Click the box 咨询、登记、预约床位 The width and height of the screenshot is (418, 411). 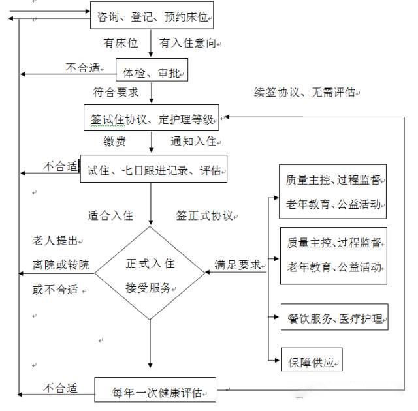click(152, 17)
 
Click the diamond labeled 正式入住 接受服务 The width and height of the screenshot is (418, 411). click(150, 273)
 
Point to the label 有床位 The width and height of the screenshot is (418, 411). click(121, 43)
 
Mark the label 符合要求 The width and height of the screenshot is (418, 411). click(116, 92)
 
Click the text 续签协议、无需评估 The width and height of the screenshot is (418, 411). click(304, 92)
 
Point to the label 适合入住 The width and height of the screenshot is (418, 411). click(110, 215)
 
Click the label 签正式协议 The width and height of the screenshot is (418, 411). click(204, 215)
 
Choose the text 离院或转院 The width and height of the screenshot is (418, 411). click(61, 265)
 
